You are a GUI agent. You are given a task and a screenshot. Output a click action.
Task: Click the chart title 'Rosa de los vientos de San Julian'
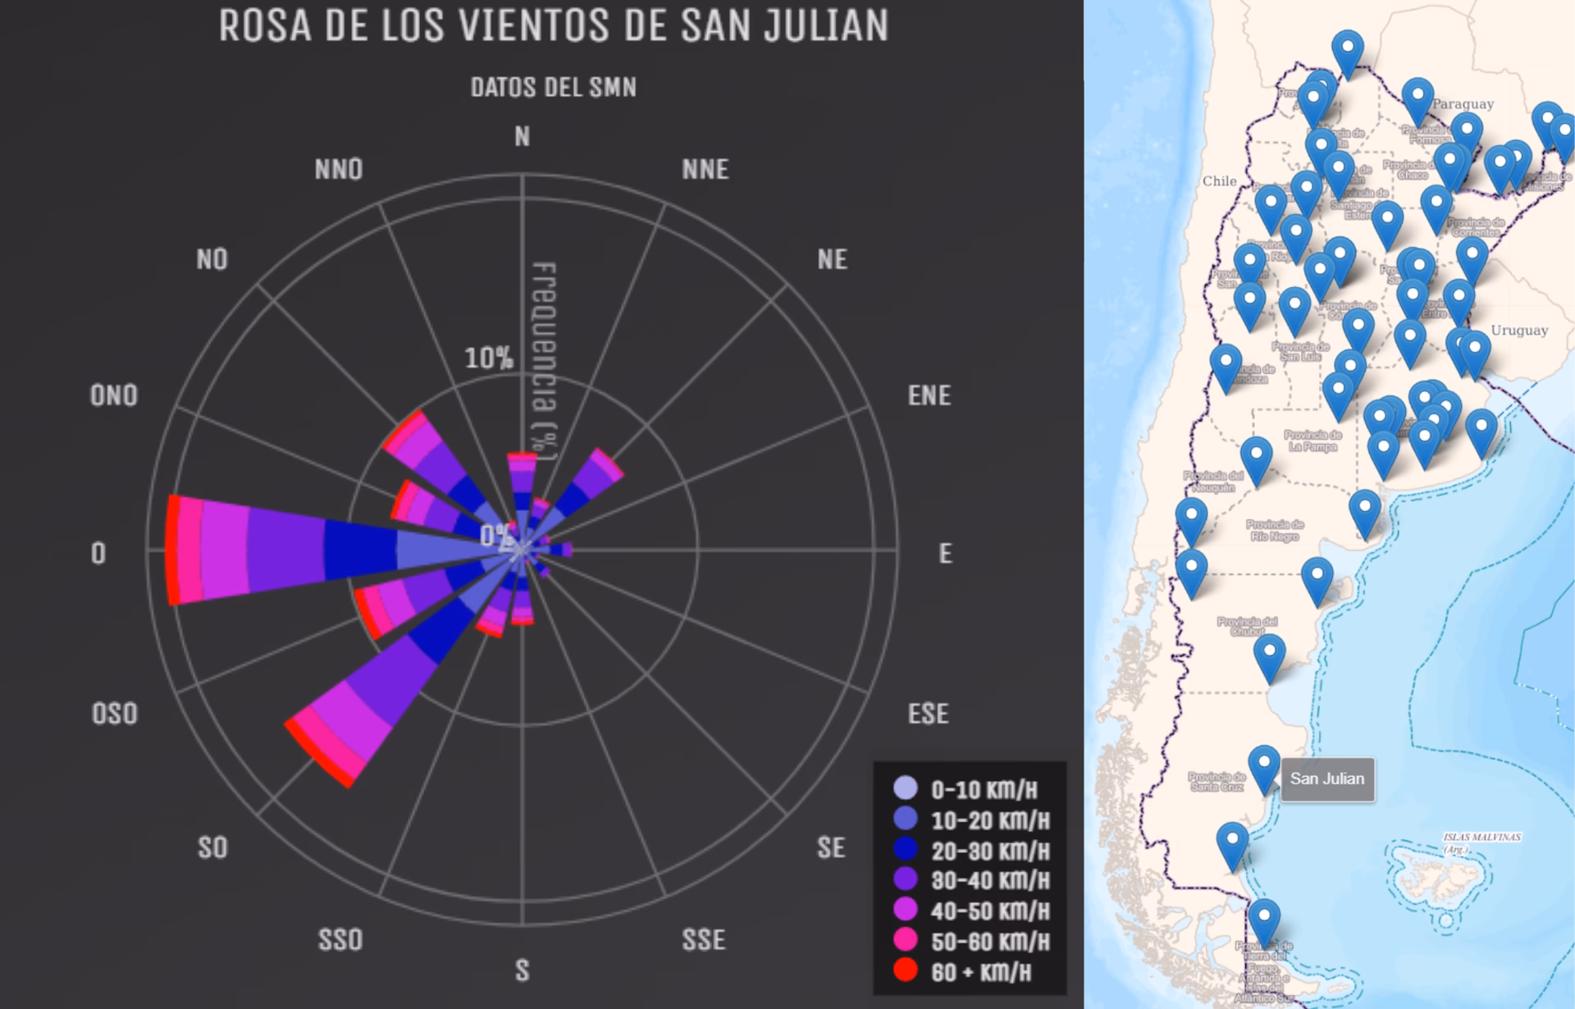pos(554,26)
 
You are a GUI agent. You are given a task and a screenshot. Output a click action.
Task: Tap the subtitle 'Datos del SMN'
pos(554,87)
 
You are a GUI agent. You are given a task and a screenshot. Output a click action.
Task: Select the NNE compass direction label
pos(705,169)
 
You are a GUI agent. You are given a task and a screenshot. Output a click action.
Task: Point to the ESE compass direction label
pos(928,714)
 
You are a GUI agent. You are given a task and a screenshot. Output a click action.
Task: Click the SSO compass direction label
pos(340,939)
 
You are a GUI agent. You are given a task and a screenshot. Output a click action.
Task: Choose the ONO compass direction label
pos(114,395)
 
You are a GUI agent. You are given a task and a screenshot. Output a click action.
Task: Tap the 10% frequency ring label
pos(489,358)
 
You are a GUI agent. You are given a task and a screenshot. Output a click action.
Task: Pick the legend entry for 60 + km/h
pos(980,972)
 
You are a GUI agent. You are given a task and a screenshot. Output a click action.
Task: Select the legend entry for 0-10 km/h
pos(984,790)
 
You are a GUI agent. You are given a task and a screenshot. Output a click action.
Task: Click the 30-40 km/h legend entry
pos(989,880)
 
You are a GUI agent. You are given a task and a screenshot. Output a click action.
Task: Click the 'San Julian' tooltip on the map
pos(1327,778)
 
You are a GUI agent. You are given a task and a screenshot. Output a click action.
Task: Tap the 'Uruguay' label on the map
pos(1519,330)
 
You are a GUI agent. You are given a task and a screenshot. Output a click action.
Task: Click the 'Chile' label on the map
pos(1219,181)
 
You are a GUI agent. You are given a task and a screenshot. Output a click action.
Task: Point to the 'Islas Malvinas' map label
pos(1481,838)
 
